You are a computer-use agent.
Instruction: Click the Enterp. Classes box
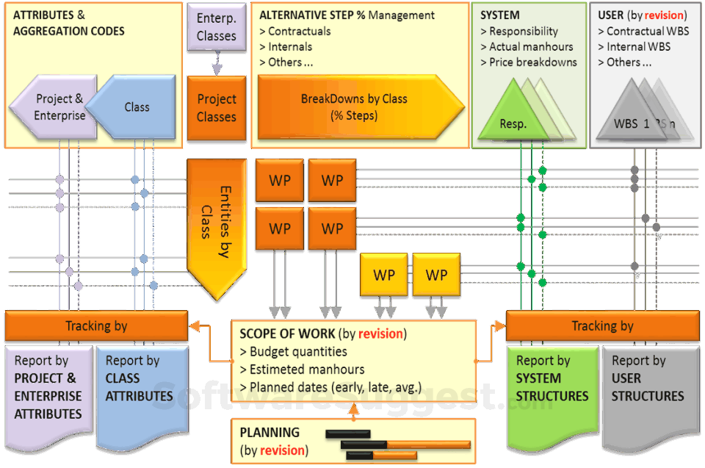tap(216, 27)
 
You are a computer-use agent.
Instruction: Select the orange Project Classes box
tap(216, 108)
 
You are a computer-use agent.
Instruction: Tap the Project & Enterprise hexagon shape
tap(57, 107)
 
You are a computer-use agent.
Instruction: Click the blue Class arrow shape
tap(137, 107)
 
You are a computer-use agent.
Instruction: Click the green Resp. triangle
tap(513, 111)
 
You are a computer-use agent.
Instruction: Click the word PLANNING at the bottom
tap(270, 433)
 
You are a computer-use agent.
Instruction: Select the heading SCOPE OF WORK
tap(287, 334)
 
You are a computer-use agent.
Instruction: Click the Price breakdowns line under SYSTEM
tap(529, 62)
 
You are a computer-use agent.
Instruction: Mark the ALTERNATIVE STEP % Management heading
tap(347, 15)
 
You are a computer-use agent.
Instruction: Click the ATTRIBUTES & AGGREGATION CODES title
tap(69, 23)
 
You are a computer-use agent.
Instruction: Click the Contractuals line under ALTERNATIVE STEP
tap(295, 32)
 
